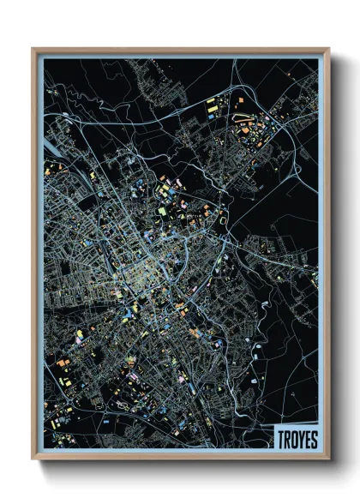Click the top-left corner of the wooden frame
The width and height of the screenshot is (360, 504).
click(x=33, y=49)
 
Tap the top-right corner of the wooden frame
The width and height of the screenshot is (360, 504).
click(x=328, y=49)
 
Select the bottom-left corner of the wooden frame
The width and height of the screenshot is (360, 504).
click(x=33, y=459)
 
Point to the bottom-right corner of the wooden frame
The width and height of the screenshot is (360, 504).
click(x=328, y=459)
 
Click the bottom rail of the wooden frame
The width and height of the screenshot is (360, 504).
click(x=180, y=456)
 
